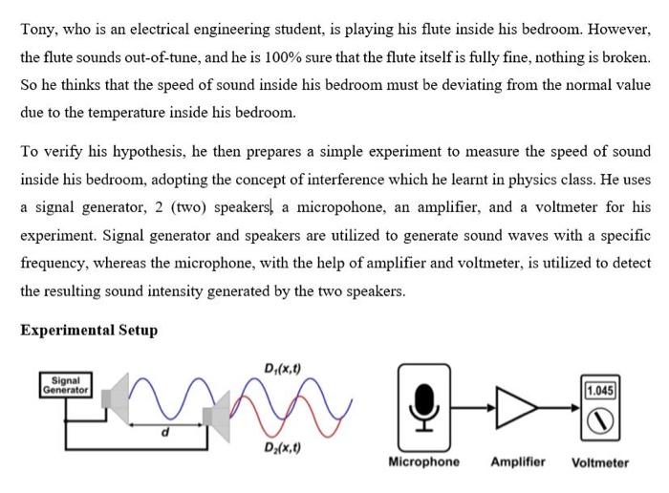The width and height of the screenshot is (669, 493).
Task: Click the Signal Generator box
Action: click(65, 385)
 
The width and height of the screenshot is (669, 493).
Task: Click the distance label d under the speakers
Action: click(163, 433)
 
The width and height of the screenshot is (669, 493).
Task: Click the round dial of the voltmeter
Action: click(600, 418)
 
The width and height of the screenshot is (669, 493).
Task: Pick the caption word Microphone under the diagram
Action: click(423, 462)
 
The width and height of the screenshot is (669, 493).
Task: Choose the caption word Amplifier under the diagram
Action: click(518, 462)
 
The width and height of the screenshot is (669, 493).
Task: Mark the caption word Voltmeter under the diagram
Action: click(600, 463)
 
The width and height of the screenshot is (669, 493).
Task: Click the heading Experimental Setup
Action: click(89, 331)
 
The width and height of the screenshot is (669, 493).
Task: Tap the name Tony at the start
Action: click(36, 30)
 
